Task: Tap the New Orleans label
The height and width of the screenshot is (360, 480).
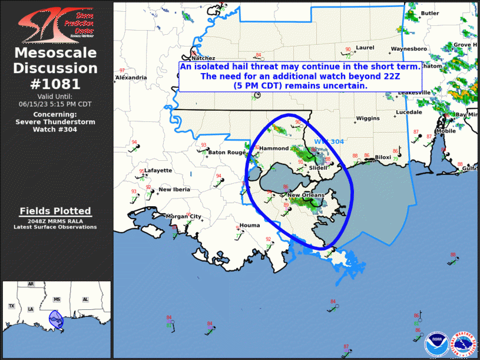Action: point(306,195)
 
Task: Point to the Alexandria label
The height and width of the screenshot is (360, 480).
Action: point(131,77)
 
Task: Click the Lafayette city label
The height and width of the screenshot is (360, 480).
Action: point(158,170)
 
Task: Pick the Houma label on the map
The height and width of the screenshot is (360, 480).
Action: point(250,225)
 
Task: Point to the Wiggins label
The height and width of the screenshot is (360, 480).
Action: point(368,118)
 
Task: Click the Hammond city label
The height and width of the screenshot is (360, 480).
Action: point(274,148)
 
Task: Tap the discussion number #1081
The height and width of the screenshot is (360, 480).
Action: point(55,84)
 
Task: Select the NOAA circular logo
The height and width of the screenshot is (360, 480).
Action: point(436,342)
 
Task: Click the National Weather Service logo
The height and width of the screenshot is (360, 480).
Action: point(463,342)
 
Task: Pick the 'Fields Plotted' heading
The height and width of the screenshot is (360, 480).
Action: point(55,211)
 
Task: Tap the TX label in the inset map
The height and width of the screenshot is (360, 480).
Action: point(11,306)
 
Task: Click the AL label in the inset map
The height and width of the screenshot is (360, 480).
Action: point(85,299)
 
